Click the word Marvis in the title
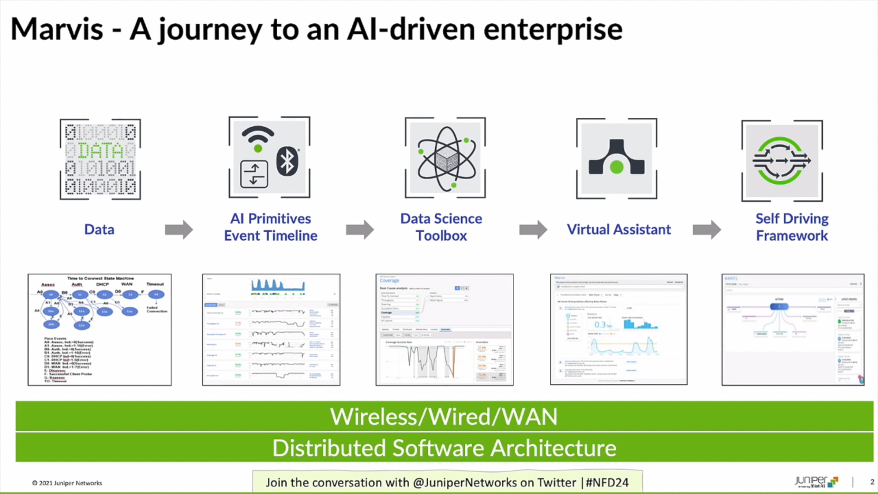coord(57,29)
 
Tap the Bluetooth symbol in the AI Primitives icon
coord(287,161)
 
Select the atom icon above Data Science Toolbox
coord(446,158)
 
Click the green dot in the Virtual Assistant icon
coord(617,167)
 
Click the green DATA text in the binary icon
coord(101,150)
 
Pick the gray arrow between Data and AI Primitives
coord(179,230)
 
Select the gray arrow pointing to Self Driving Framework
coord(706,230)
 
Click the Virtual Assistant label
coord(619,230)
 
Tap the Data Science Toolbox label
coord(441,227)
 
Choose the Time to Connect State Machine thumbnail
coord(100,329)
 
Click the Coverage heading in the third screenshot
coord(389,281)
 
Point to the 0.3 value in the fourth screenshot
coord(600,325)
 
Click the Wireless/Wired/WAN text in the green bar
coord(444,417)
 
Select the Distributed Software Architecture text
coord(444,448)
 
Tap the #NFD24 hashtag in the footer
coord(607,483)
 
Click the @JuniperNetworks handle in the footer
coord(465,483)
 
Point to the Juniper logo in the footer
coord(816,482)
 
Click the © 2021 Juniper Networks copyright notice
coord(67,483)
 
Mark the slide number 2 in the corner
coord(872,482)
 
